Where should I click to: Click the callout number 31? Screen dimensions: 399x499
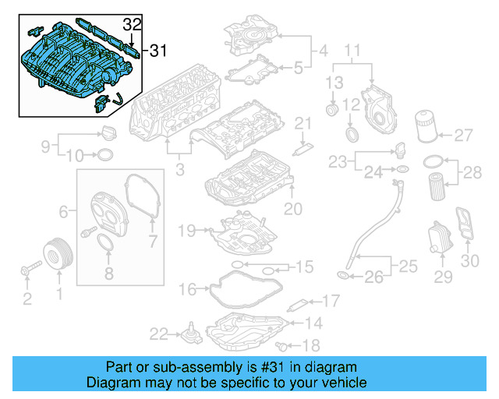(x=158, y=51)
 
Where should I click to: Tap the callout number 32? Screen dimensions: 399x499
(x=133, y=24)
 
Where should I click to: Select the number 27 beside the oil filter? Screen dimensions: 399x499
(x=463, y=136)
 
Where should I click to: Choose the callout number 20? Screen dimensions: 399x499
(x=292, y=208)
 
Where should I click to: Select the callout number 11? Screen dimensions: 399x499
(x=352, y=54)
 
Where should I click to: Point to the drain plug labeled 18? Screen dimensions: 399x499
(x=281, y=344)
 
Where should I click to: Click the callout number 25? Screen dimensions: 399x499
(x=410, y=268)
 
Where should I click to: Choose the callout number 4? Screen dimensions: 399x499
(x=320, y=52)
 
